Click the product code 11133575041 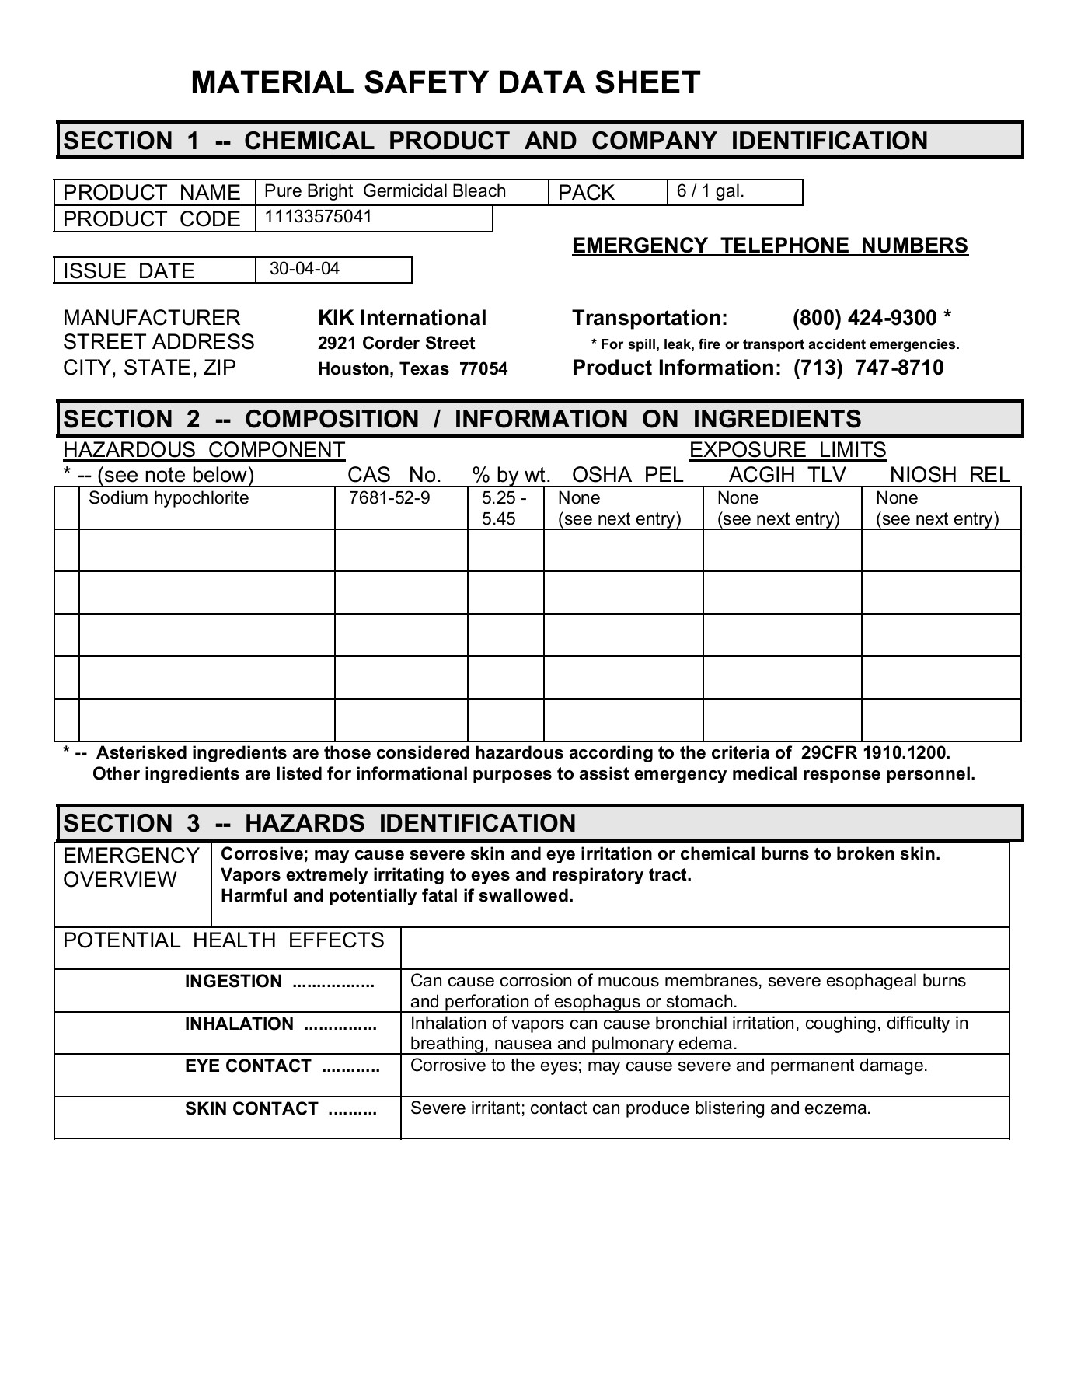tap(319, 217)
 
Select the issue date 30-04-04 tap(305, 269)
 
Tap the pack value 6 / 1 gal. tap(710, 191)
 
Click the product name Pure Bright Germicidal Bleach tap(385, 191)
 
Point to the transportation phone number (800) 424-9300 tap(864, 318)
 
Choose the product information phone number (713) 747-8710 tap(868, 368)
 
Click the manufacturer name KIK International tap(402, 318)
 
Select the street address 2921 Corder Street tap(396, 344)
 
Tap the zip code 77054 tap(483, 369)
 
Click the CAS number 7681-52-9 tap(389, 498)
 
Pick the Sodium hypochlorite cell tap(169, 498)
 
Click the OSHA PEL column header tap(628, 475)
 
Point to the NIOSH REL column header tap(950, 475)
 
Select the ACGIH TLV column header tap(787, 475)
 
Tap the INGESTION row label tap(233, 982)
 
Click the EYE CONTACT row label tap(248, 1066)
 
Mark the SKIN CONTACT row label tap(251, 1109)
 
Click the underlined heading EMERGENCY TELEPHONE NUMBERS tap(769, 246)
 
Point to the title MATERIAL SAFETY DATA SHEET tap(445, 83)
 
